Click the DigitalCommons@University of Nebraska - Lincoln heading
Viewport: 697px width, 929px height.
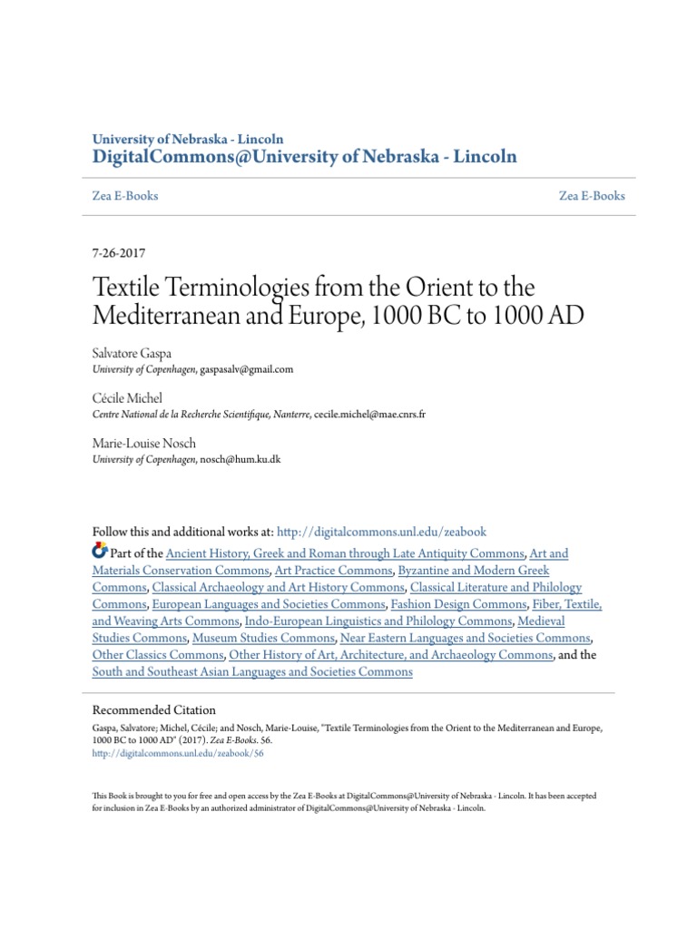coord(305,157)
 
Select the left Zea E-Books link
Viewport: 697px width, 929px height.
coord(125,196)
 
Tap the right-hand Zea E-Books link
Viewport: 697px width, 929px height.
coord(592,196)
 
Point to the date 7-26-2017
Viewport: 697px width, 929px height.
coord(120,255)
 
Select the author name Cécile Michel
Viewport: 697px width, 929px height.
coord(126,397)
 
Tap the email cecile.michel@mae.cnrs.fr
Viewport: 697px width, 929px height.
coord(369,415)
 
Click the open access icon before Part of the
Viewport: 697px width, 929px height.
coord(100,552)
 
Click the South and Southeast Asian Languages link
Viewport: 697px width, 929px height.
coord(252,672)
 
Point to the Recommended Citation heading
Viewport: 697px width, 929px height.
coord(154,710)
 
